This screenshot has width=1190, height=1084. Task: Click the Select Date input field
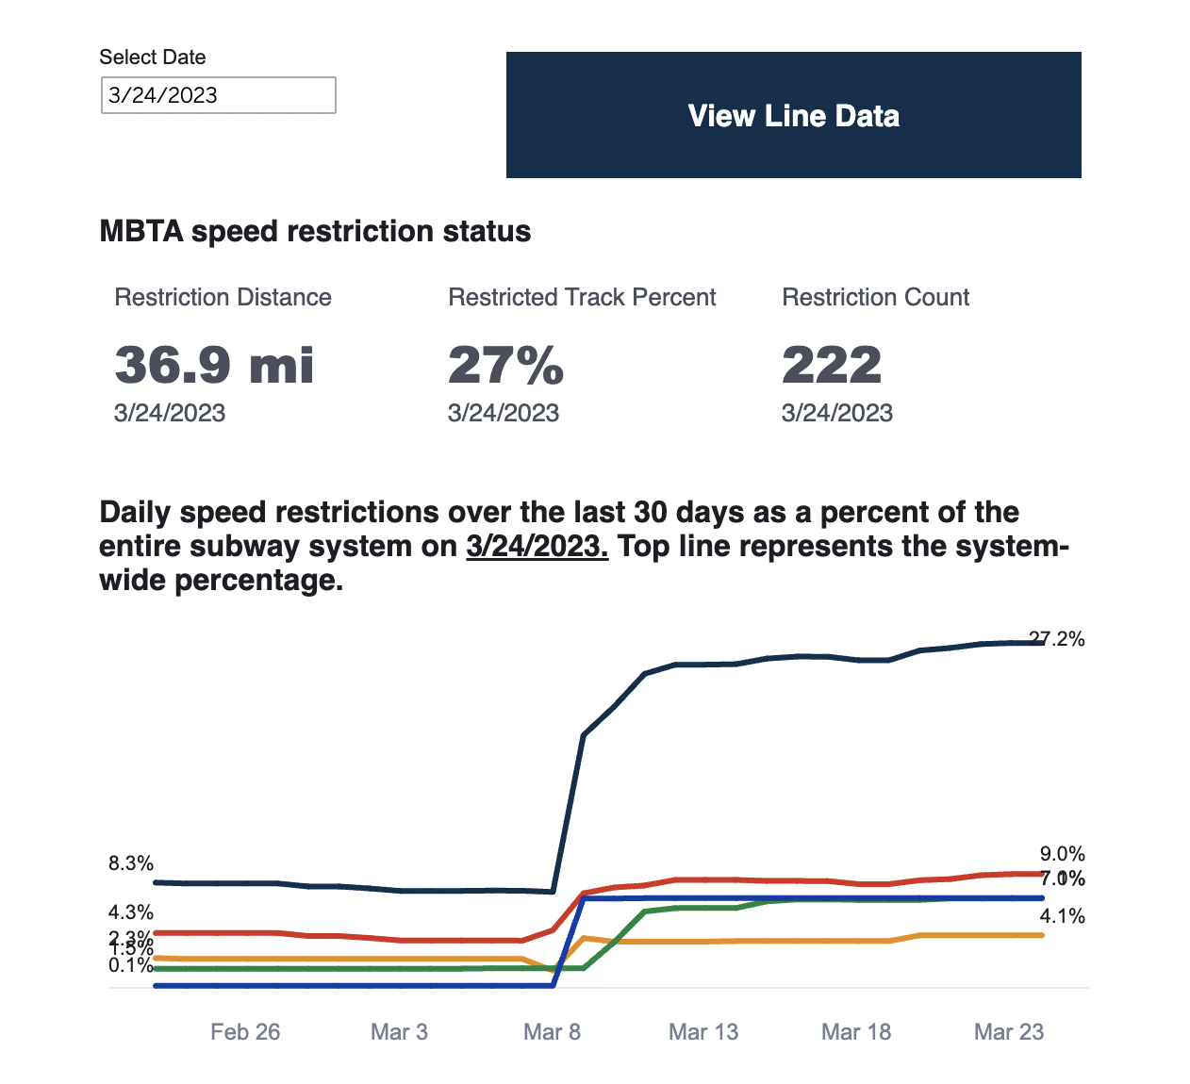[218, 95]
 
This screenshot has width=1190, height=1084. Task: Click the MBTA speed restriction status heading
[315, 232]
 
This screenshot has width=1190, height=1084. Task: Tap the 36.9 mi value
[214, 365]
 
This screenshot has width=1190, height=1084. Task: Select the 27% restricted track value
[505, 365]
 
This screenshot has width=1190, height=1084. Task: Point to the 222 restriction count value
[832, 365]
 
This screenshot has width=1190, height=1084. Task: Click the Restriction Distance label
[223, 298]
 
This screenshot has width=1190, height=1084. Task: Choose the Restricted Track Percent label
[582, 298]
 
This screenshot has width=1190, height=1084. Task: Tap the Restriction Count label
[875, 298]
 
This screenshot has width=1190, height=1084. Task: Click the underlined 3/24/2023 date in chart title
[537, 547]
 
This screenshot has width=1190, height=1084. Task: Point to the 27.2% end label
[1057, 639]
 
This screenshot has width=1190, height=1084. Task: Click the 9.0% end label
[1062, 854]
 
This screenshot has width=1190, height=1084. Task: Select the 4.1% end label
[1062, 916]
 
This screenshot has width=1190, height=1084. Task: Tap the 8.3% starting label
[131, 863]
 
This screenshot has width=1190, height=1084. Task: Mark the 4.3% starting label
[131, 912]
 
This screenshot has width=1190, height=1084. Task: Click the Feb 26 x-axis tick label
[245, 1032]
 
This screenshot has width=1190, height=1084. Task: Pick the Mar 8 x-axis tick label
[552, 1032]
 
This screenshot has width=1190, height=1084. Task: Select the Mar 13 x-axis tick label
[703, 1032]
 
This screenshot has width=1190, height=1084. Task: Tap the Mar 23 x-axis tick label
[1009, 1032]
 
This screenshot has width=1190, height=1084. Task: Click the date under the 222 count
[836, 413]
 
